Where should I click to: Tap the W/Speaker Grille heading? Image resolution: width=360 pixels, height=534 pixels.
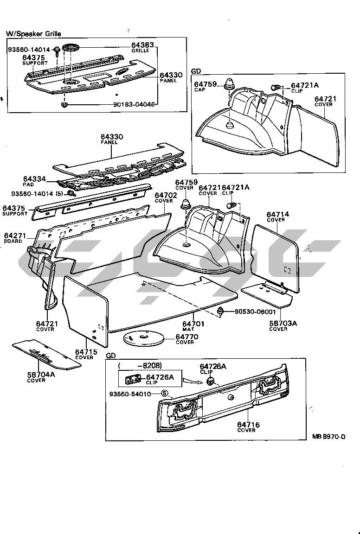(x=33, y=34)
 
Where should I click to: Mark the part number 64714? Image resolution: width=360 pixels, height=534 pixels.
(x=278, y=214)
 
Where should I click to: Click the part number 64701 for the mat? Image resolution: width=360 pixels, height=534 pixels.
(x=192, y=324)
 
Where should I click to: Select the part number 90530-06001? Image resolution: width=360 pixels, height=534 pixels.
(x=255, y=312)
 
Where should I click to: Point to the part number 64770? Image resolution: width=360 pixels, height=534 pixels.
(x=187, y=337)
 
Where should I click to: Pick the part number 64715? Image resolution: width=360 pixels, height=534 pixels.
(x=86, y=352)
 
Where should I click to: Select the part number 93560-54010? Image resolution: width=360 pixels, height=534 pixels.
(x=135, y=394)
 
